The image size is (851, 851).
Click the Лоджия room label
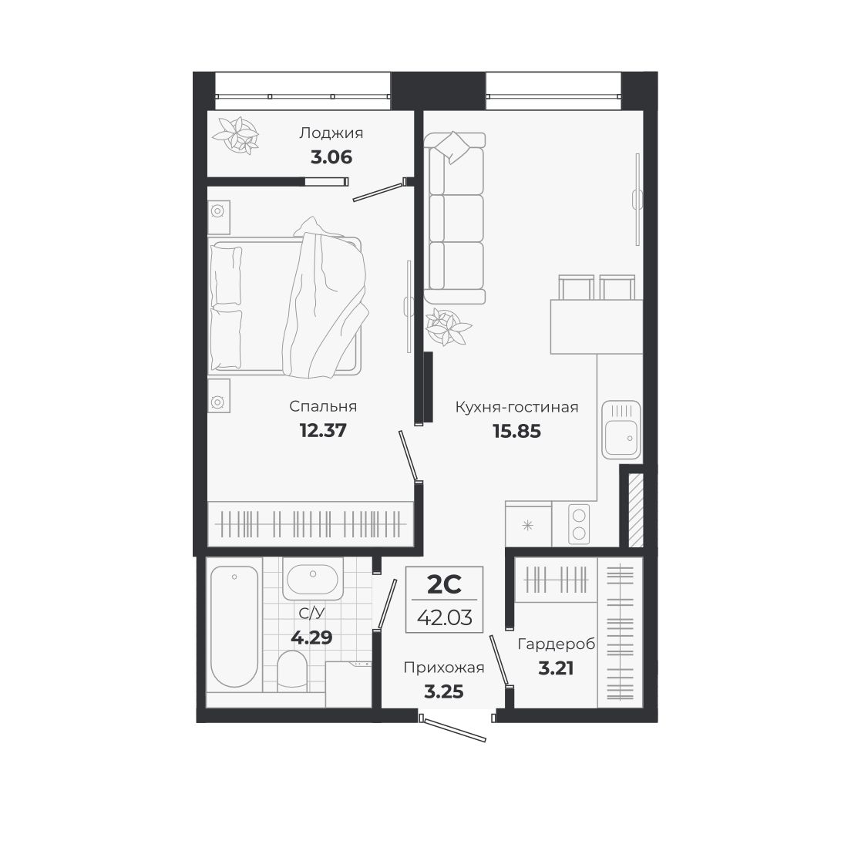click(x=331, y=133)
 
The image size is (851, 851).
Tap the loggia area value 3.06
click(x=331, y=158)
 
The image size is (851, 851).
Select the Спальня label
click(x=323, y=406)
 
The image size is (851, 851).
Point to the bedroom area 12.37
click(x=323, y=430)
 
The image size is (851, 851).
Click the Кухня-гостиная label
click(x=516, y=407)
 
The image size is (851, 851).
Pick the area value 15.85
click(x=516, y=432)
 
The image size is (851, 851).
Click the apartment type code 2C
click(x=444, y=586)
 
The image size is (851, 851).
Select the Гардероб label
click(x=557, y=644)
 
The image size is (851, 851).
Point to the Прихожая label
click(x=444, y=668)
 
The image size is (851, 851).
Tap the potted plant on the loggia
click(x=237, y=134)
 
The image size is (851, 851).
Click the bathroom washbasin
click(x=310, y=580)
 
